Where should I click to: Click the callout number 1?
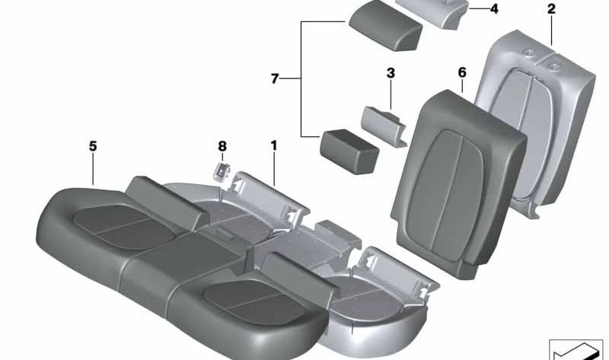click(x=273, y=145)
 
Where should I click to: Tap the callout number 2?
click(x=551, y=9)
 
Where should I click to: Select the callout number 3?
click(x=391, y=74)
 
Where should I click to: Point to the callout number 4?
click(x=493, y=9)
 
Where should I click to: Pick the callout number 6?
click(x=461, y=72)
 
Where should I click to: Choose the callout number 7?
click(x=275, y=78)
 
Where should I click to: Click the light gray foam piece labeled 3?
click(x=385, y=122)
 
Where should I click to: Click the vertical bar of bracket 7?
click(x=301, y=78)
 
